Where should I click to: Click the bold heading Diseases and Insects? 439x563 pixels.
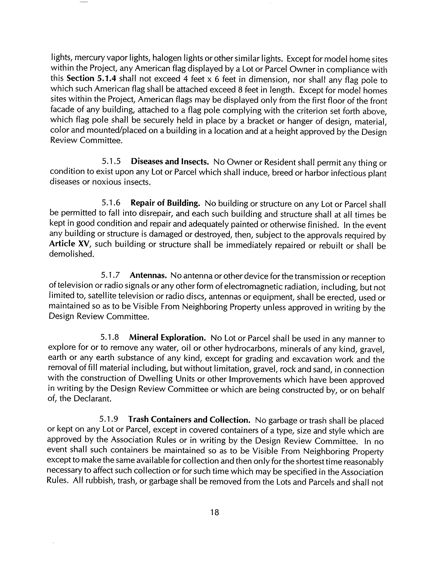click(170, 162)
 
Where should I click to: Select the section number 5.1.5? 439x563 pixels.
click(111, 161)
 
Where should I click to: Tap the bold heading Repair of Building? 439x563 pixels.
click(165, 203)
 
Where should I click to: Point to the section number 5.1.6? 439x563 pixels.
click(111, 203)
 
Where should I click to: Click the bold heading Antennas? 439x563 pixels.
click(148, 275)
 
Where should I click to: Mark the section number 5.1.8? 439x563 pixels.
click(110, 337)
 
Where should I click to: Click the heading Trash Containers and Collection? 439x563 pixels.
click(189, 419)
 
